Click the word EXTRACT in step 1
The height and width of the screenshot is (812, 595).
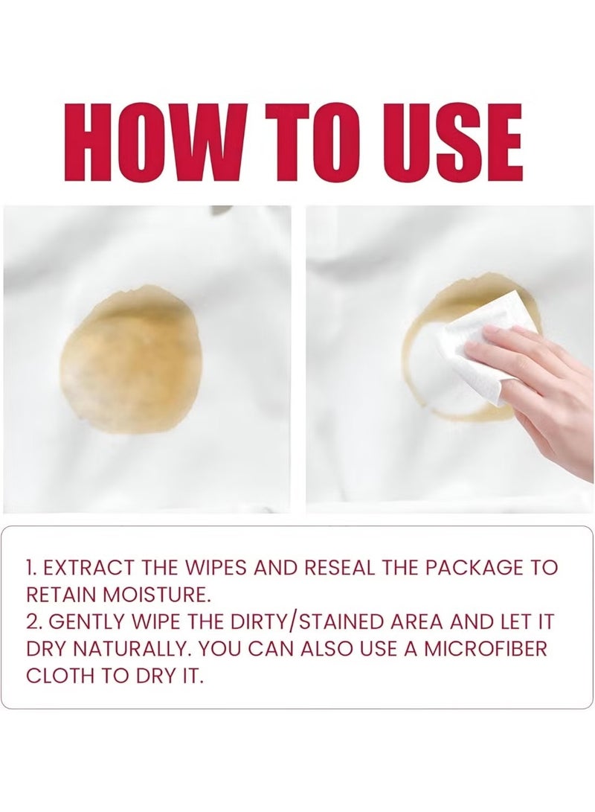(x=87, y=568)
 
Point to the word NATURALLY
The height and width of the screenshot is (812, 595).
(x=131, y=650)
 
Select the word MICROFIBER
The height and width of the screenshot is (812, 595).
(x=486, y=650)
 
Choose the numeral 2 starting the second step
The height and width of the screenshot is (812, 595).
(x=33, y=622)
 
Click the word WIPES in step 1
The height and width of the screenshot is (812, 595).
(x=222, y=568)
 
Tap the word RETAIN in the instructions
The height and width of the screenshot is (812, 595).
(x=62, y=595)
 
